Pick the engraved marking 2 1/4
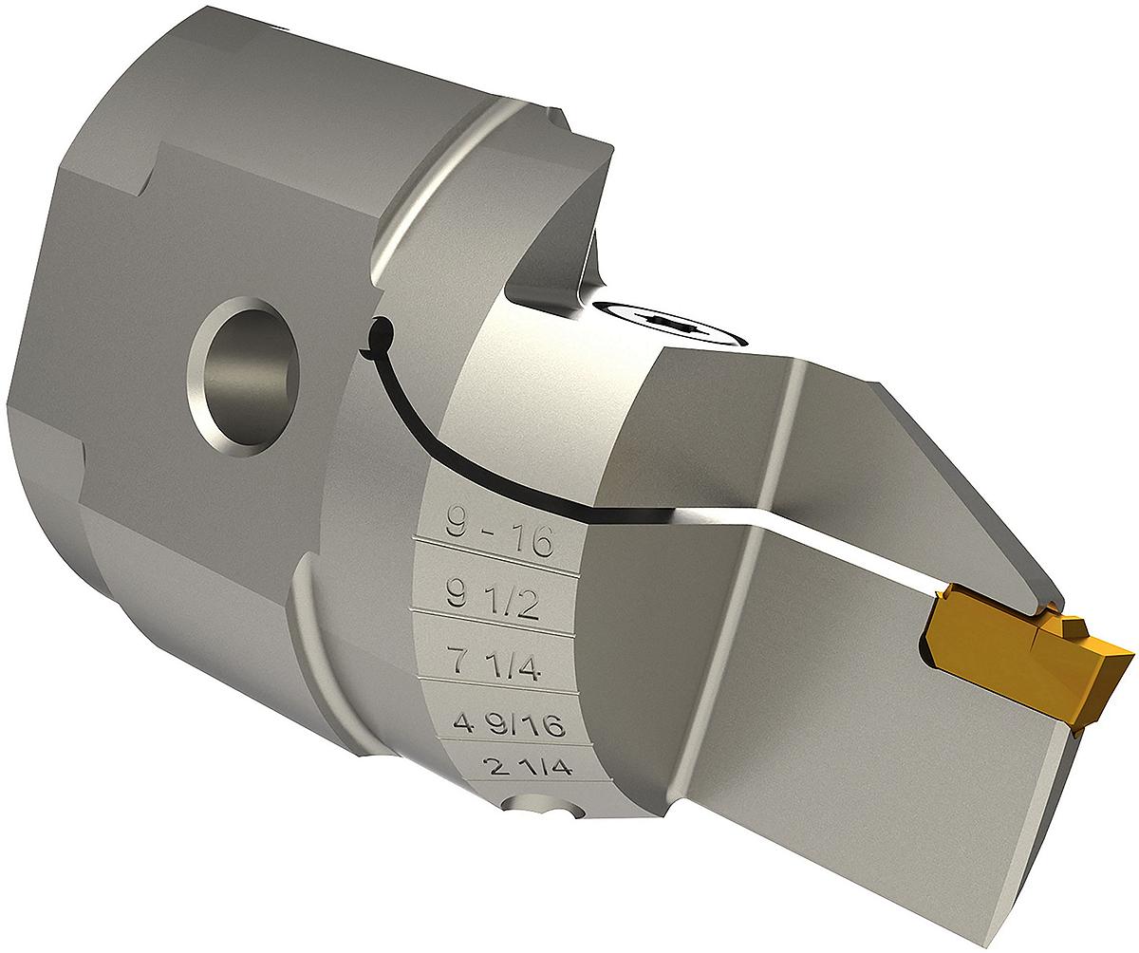527,766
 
